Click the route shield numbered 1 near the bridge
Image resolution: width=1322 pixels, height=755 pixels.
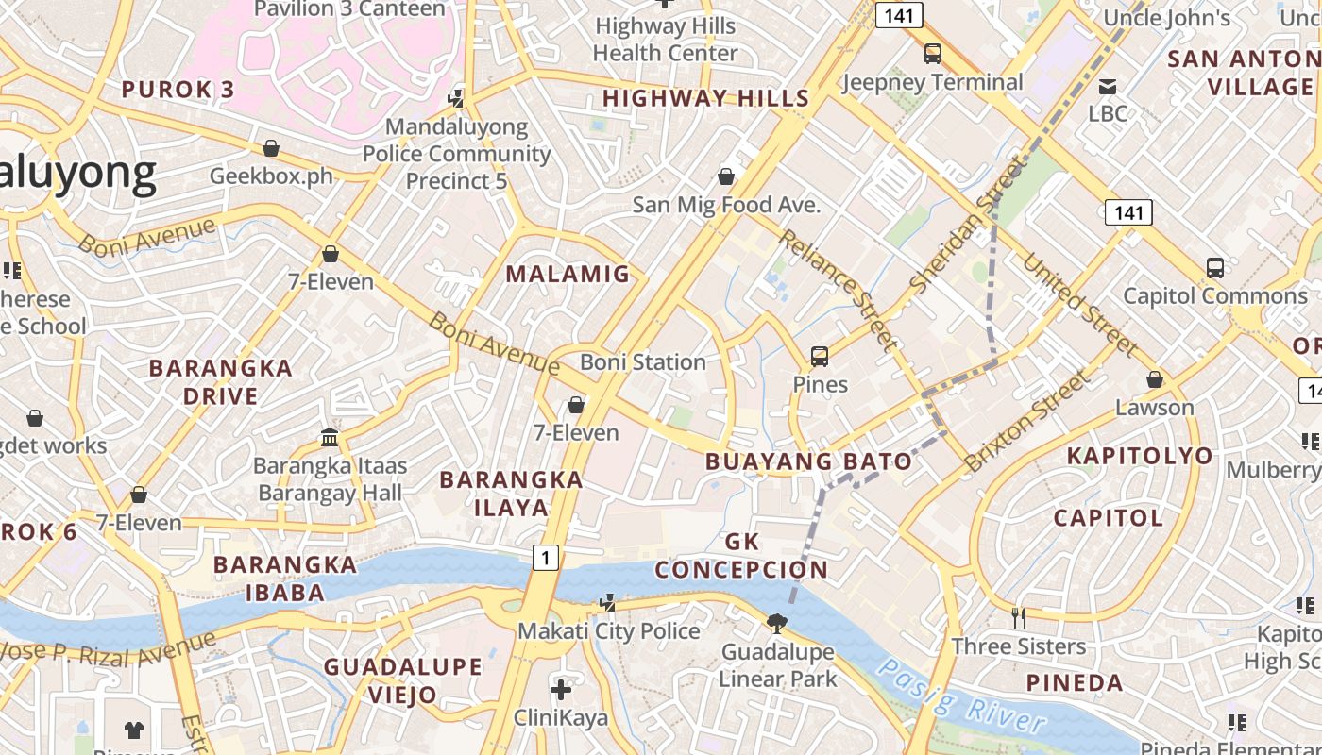click(545, 558)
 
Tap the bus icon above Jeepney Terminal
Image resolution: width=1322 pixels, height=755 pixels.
click(933, 54)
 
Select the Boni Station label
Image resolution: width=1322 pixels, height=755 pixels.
click(642, 362)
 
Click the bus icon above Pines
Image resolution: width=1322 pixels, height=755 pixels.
click(820, 357)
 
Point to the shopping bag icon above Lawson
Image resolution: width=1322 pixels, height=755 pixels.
click(1154, 379)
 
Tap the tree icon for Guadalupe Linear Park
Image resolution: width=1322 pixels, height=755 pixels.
click(777, 623)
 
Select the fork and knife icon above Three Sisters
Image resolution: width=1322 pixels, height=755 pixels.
click(1019, 618)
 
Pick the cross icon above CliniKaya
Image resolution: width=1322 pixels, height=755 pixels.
click(561, 690)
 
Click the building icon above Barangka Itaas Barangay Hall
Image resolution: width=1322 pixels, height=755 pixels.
click(330, 438)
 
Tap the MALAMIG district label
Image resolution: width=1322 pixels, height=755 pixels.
click(568, 275)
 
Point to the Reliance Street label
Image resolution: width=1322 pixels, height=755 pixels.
click(837, 289)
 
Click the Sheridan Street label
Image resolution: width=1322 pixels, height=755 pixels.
click(966, 226)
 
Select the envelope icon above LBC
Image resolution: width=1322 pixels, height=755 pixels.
click(1108, 87)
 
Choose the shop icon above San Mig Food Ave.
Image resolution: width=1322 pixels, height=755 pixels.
click(726, 176)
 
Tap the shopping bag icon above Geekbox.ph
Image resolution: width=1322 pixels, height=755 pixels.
click(271, 148)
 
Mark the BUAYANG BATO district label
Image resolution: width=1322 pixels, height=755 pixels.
click(809, 461)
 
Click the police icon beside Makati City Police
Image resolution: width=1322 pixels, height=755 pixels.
click(609, 602)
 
